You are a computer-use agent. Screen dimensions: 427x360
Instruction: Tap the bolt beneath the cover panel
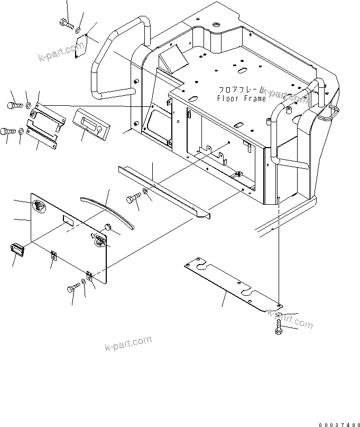pos(72,288)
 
